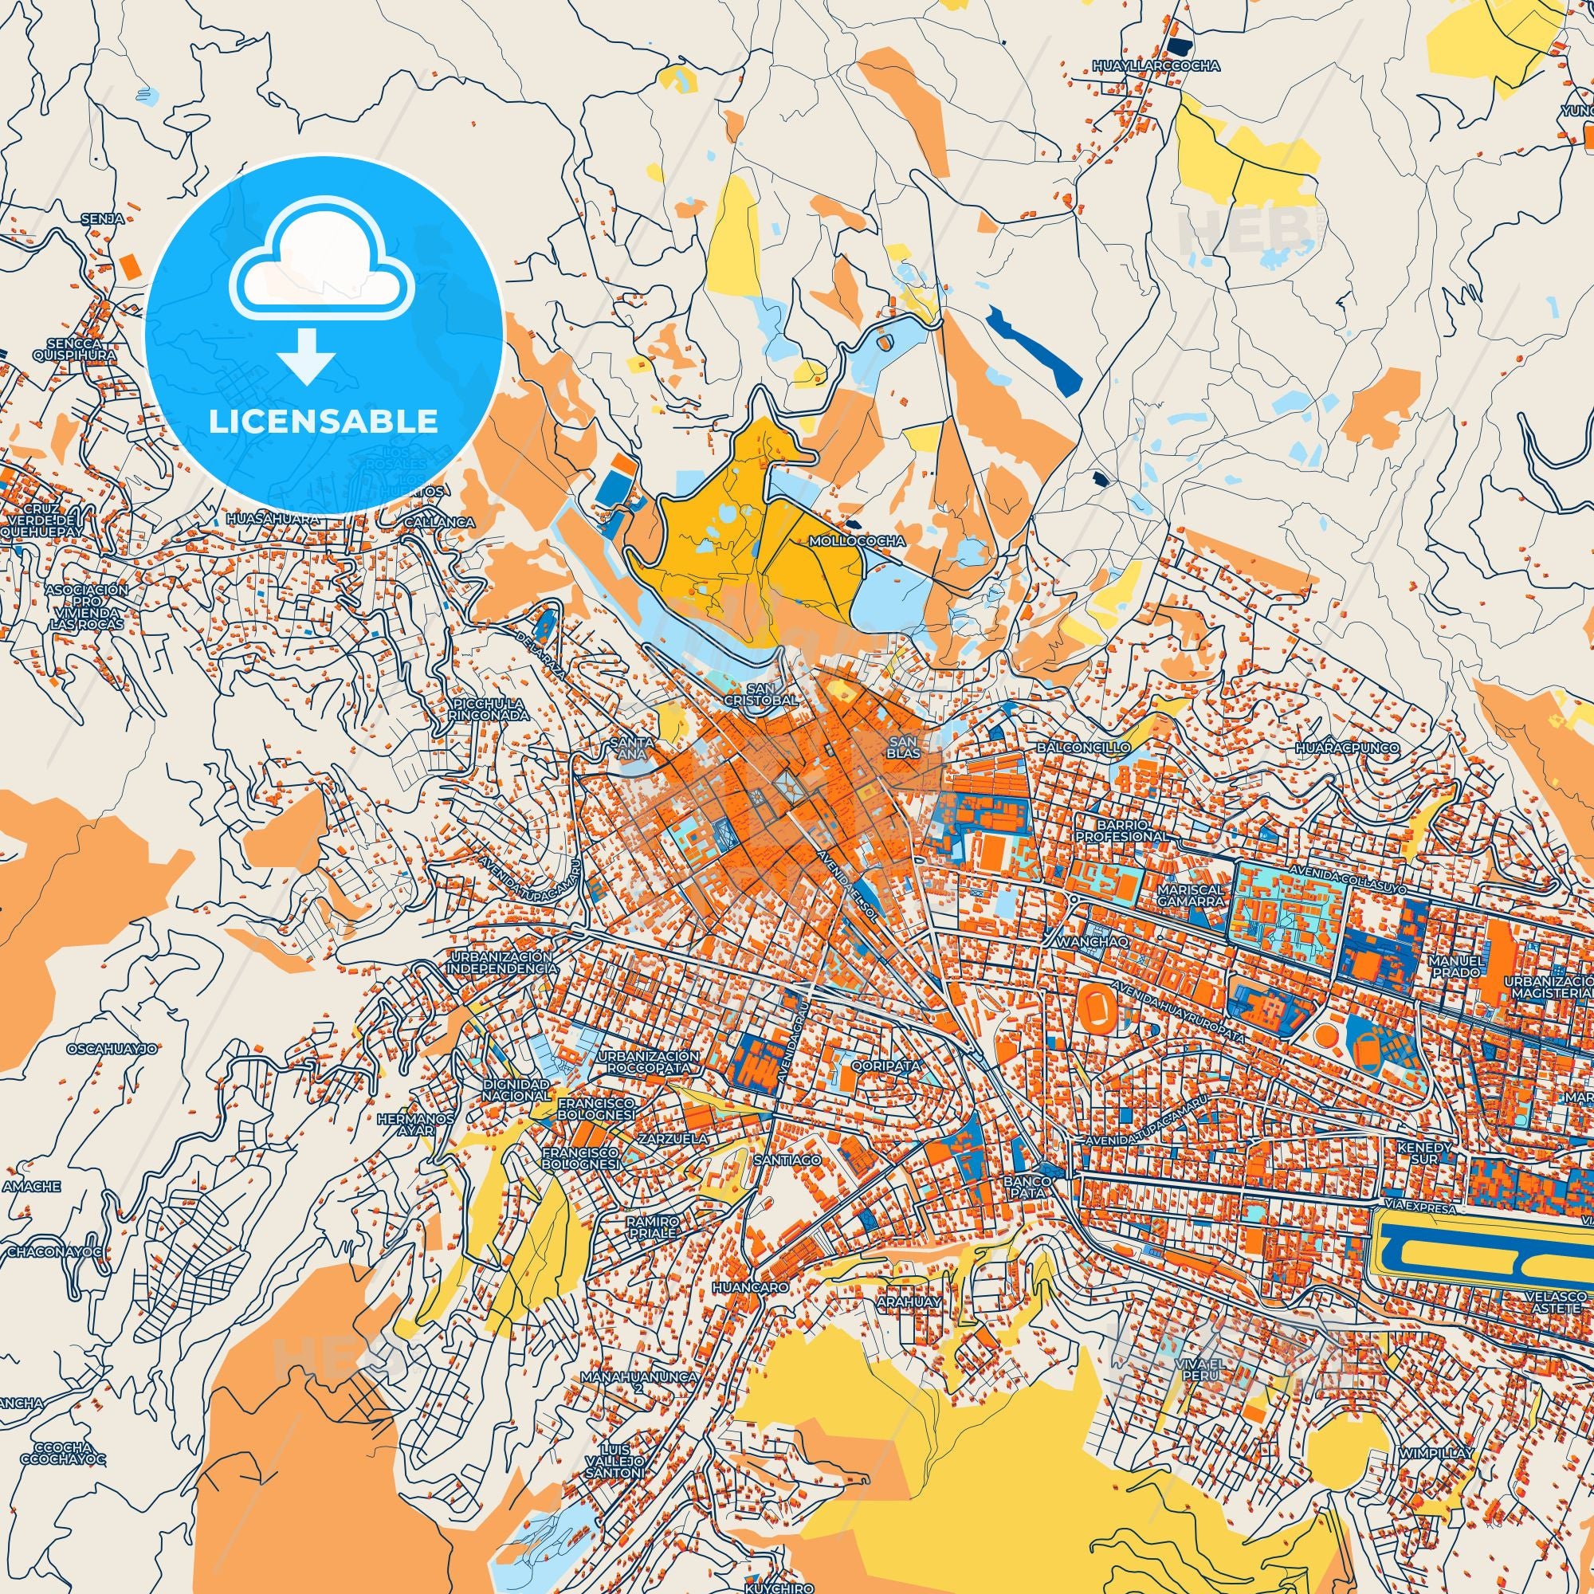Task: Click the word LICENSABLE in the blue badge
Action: (x=324, y=421)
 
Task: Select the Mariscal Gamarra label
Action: (x=1192, y=896)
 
